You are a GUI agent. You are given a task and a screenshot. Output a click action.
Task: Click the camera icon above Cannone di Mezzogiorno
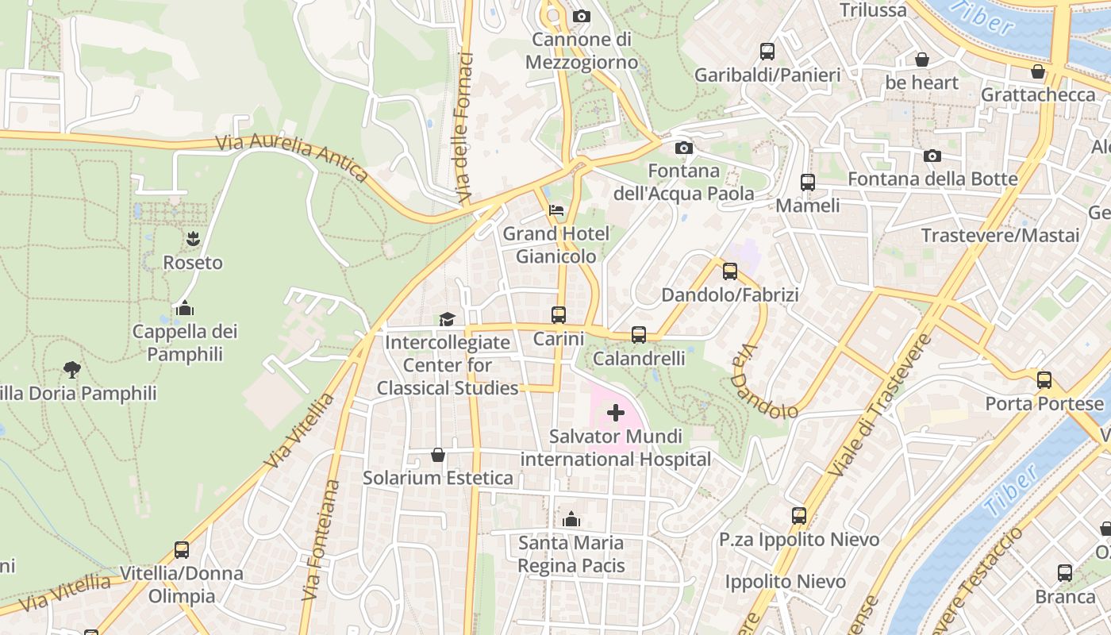coord(581,16)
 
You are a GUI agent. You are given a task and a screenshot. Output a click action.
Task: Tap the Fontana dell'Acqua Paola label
coord(683,182)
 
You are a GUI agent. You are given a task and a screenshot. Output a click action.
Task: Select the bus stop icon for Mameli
coord(808,183)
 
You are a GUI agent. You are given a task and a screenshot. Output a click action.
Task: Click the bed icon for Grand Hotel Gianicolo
coord(556,210)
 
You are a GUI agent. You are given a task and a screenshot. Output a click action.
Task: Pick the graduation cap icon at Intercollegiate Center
coord(448,319)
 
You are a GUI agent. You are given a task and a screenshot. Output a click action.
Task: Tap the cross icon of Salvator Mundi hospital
coord(615,413)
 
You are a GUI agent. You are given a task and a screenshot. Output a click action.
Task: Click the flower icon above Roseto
coord(193,238)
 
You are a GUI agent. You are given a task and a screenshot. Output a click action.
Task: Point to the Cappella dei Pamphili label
coord(184,343)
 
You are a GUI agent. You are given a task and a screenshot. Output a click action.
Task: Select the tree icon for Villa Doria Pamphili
coord(72,369)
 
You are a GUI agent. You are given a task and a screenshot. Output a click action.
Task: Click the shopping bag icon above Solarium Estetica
coord(437,455)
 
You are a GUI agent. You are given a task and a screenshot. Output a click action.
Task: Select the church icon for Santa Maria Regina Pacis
coord(571,520)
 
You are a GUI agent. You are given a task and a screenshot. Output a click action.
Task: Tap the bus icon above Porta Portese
coord(1044,379)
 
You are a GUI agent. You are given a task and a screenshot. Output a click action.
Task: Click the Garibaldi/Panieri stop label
coord(767,75)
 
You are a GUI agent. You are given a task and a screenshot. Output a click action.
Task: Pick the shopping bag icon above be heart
coord(922,60)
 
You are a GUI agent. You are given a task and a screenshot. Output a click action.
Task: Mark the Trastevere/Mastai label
coord(1000,236)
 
